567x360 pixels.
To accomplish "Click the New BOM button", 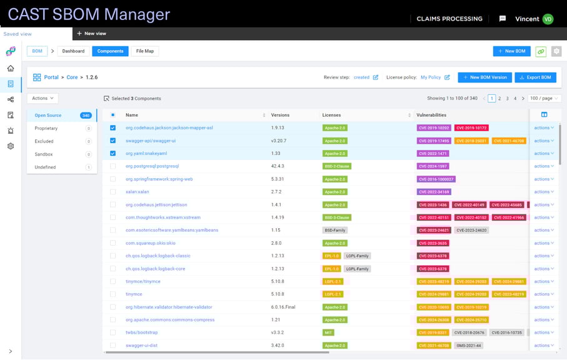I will (511, 51).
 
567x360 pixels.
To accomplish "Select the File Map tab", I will (144, 51).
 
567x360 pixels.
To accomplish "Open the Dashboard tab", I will (73, 51).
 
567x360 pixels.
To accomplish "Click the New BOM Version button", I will (484, 77).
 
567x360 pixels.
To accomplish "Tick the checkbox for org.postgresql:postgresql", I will (113, 166).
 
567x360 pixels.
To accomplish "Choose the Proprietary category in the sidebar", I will (46, 128).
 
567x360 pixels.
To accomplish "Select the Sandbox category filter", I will (44, 154).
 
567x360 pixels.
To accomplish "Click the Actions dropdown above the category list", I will (43, 98).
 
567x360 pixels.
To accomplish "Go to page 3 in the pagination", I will (507, 99).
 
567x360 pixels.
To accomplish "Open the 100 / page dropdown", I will (544, 99).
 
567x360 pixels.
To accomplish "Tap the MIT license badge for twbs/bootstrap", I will (328, 332).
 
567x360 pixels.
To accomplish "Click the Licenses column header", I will (331, 115).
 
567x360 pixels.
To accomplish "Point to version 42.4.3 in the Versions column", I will (278, 166).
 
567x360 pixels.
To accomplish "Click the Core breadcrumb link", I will (72, 77).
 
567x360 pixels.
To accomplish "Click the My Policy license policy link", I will (431, 77).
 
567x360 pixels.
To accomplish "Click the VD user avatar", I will (548, 19).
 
